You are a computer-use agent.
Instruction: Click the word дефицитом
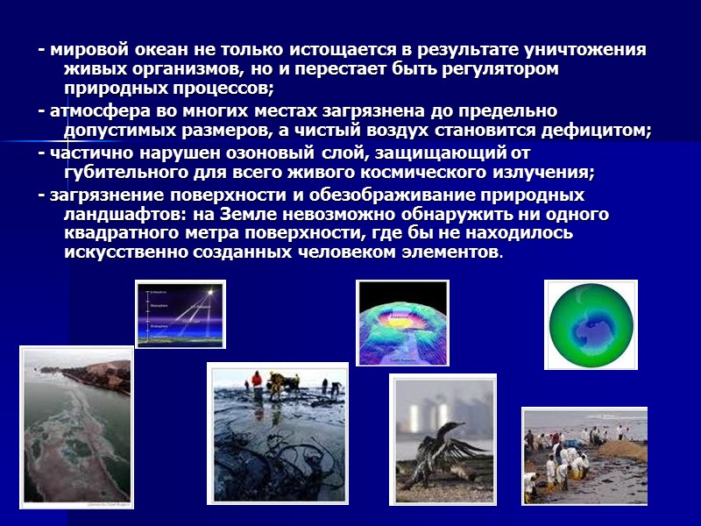[x=602, y=131]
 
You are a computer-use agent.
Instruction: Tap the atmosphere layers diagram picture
[x=180, y=314]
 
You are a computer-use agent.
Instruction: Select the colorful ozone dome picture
[x=402, y=322]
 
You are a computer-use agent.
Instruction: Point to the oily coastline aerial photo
[x=76, y=428]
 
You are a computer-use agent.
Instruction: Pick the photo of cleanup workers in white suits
[x=584, y=456]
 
